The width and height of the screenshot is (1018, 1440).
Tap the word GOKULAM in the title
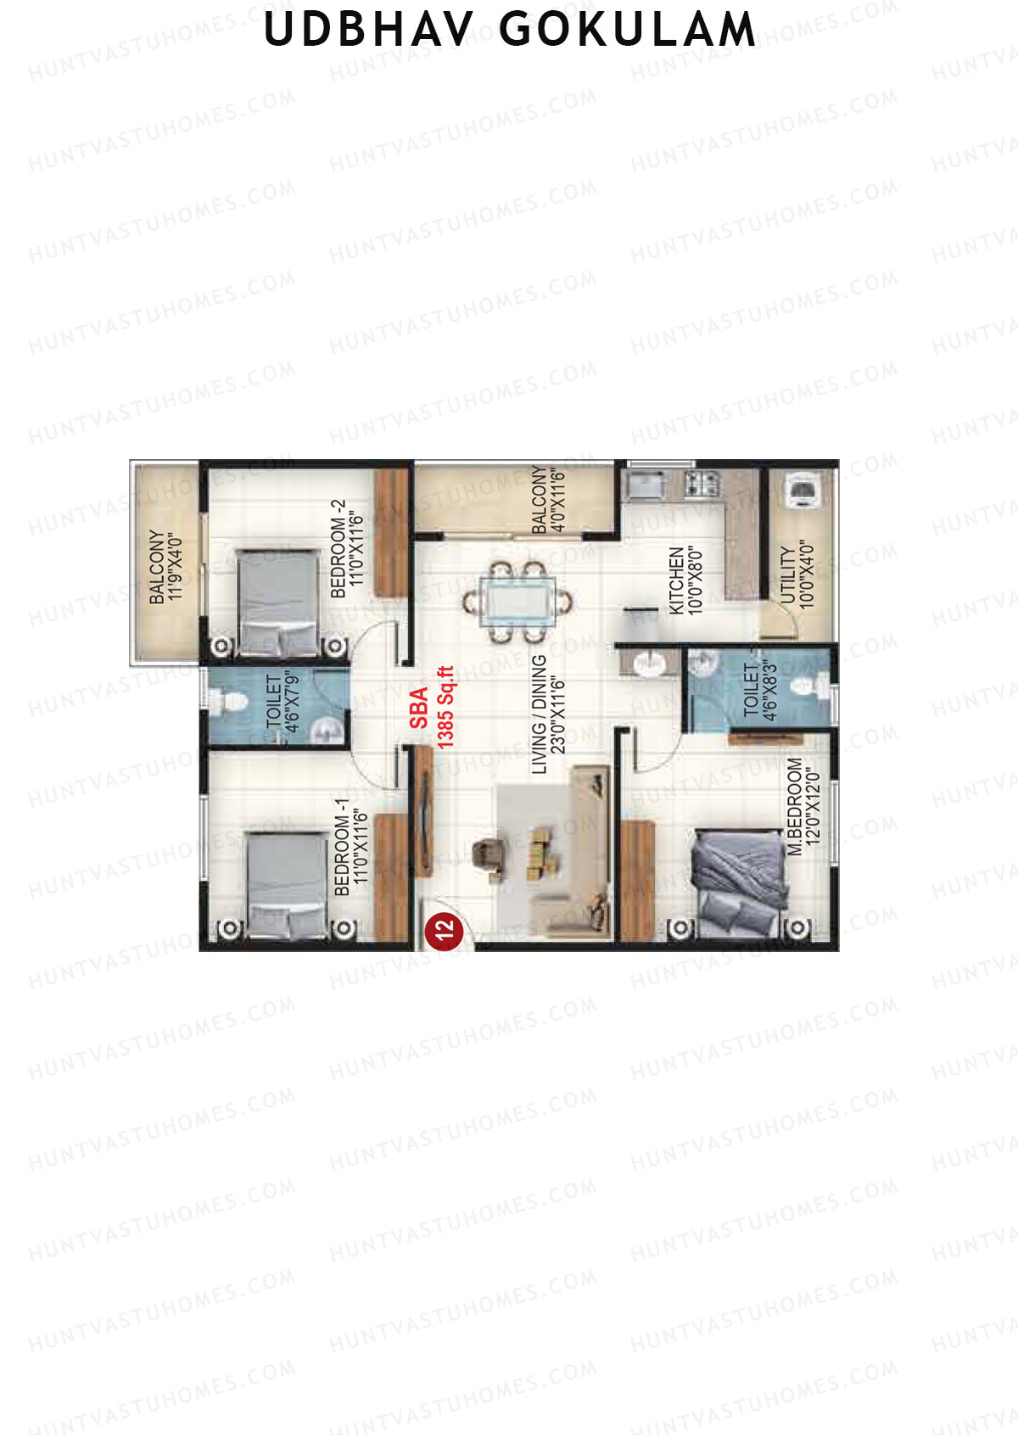point(628,30)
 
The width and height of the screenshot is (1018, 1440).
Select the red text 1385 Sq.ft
point(445,707)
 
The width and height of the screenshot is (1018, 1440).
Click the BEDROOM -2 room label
point(338,549)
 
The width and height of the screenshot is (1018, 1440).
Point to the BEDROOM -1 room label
point(342,848)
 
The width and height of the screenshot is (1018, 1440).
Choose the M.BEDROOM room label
point(795,807)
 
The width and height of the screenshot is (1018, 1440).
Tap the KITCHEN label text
point(676,580)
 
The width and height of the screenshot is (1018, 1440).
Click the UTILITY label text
point(788,574)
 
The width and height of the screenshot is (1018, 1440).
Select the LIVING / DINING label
point(539,714)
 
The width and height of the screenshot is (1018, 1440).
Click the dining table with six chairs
point(517,602)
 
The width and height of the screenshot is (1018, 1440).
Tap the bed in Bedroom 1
point(288,884)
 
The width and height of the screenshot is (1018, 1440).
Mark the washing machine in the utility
point(801,490)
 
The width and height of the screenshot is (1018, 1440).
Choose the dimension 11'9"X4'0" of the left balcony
point(175,569)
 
